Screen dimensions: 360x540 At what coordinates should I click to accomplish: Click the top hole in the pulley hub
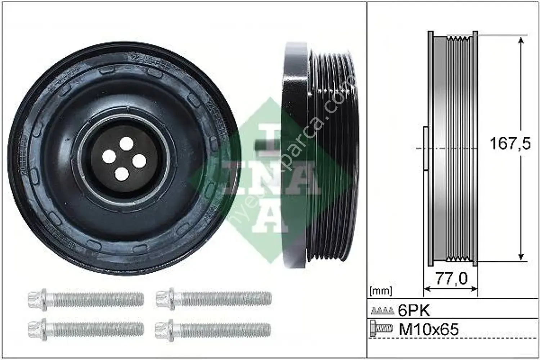tap(126, 144)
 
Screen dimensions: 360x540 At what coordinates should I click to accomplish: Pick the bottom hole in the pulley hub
tap(121, 174)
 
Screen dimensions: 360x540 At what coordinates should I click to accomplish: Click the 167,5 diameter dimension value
tap(510, 144)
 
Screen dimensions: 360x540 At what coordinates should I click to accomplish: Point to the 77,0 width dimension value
tap(451, 278)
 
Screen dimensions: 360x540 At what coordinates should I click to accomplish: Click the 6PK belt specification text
tap(414, 310)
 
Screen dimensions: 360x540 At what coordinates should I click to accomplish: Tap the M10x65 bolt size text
tap(428, 329)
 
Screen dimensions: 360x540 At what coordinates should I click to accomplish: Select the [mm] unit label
tap(381, 291)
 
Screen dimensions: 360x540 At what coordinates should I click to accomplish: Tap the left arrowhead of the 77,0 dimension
tap(427, 288)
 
